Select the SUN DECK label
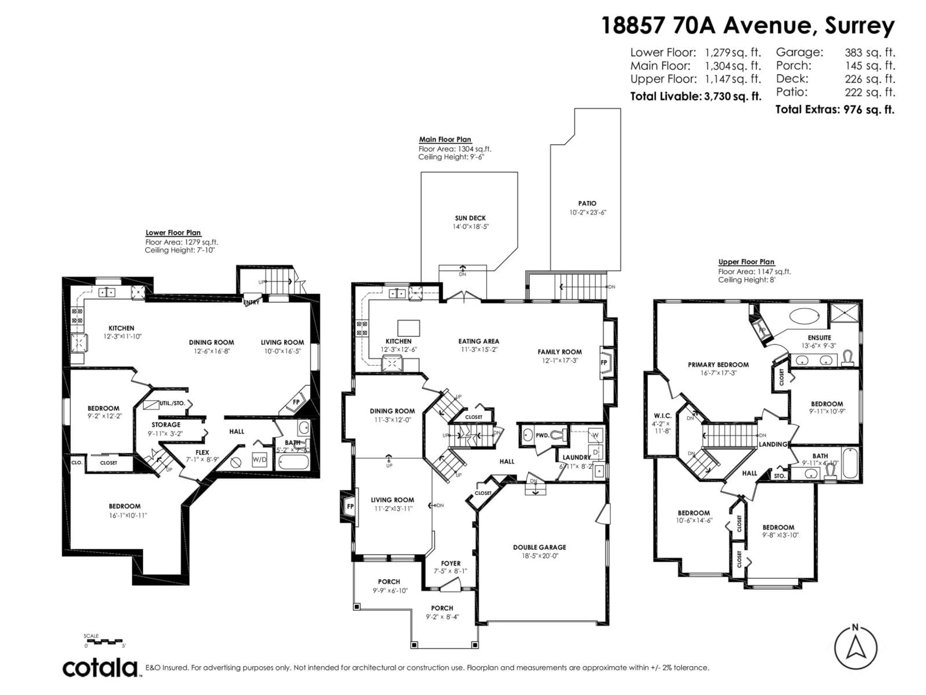click(470, 218)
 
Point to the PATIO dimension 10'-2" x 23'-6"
click(587, 212)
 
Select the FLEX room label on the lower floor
click(202, 452)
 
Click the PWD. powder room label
click(542, 435)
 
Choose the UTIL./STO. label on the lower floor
click(172, 403)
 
